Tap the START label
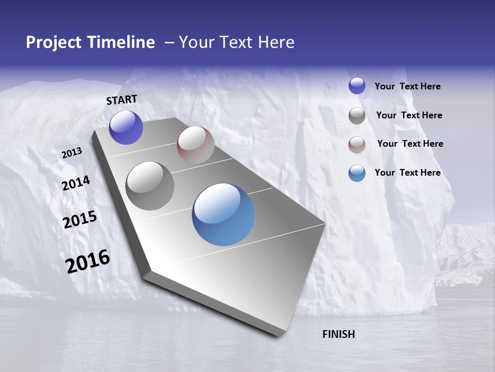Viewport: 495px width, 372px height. click(122, 100)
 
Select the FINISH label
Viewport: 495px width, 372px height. click(338, 334)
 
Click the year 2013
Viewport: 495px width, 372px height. click(72, 153)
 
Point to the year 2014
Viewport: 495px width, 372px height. click(76, 183)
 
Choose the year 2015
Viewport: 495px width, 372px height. click(80, 220)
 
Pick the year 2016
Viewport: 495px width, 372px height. click(88, 261)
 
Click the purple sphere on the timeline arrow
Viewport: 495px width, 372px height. click(126, 128)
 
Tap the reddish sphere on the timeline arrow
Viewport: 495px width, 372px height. click(195, 145)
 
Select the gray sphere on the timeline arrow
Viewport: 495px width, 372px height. click(150, 186)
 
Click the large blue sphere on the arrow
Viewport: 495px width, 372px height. click(223, 214)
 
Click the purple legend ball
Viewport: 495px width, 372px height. click(357, 86)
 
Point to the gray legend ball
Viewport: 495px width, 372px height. click(357, 116)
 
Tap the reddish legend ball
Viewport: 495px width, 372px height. click(357, 145)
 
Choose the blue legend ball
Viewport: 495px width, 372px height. click(357, 174)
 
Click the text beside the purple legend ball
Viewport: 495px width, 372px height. click(407, 87)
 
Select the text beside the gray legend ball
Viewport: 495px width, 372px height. click(409, 115)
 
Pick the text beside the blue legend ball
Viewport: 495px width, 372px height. click(407, 173)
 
